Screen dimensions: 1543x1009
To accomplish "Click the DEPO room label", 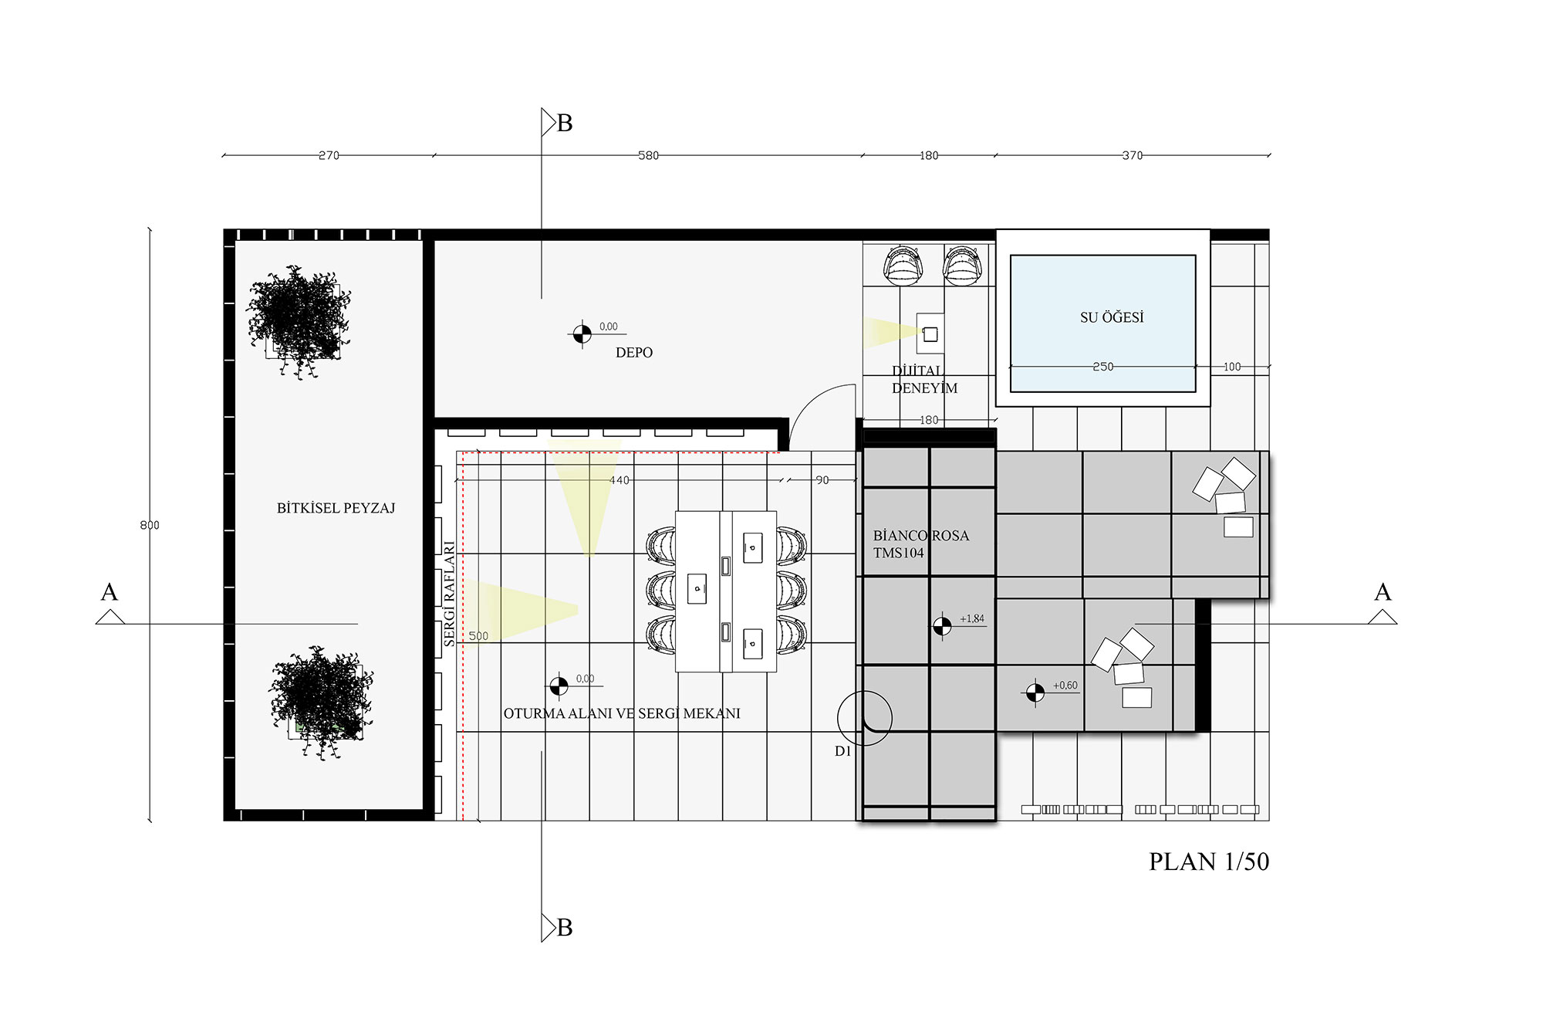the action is tap(634, 353).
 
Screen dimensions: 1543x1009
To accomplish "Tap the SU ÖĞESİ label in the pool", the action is tap(1112, 317).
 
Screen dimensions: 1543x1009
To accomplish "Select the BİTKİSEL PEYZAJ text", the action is tap(336, 508).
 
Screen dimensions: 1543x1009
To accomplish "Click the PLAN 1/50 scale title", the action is tap(1209, 862).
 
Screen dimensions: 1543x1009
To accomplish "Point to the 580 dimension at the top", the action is tap(649, 155).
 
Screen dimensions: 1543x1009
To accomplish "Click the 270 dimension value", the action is tap(329, 155).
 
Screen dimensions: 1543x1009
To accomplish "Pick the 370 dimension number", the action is tap(1132, 155).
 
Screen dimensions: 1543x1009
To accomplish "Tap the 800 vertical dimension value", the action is tap(150, 525).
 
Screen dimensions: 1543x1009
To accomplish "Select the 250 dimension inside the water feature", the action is tap(1103, 367).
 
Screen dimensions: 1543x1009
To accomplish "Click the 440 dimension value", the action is tap(620, 480).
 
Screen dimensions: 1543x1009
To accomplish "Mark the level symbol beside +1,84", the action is tap(941, 626).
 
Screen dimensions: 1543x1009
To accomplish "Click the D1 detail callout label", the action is tap(842, 751).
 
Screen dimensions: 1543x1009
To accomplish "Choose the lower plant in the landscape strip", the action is tap(321, 703).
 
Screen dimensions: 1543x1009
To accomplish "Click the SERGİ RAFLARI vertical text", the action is tap(449, 593).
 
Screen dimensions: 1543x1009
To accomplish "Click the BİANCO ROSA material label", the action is tap(921, 536).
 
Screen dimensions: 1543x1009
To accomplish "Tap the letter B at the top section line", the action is tap(565, 124).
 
